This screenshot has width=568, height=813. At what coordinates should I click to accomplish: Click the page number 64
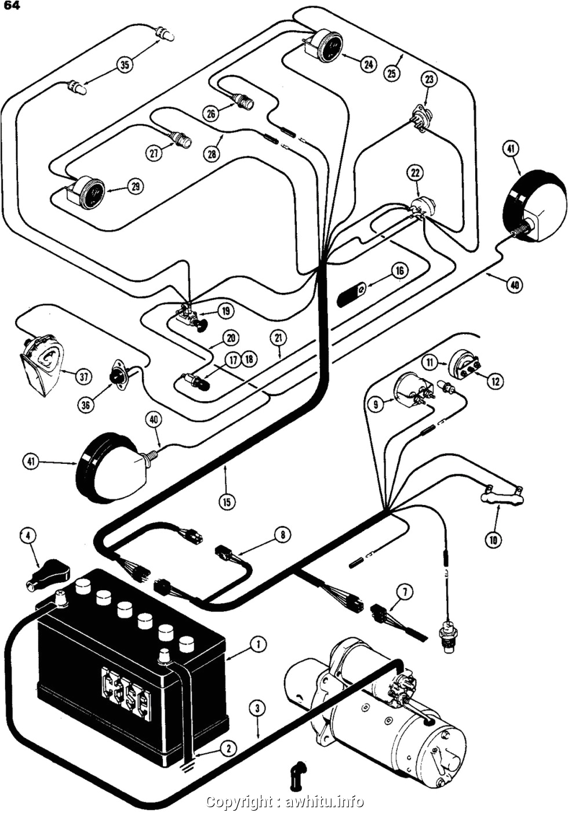coord(12,7)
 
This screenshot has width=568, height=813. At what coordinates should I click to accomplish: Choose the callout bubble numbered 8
coord(282,534)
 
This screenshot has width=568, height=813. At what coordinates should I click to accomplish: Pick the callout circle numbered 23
coord(428,79)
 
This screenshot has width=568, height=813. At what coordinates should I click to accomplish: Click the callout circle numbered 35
coord(125,64)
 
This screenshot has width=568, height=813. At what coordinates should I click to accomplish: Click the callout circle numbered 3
coord(258,708)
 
